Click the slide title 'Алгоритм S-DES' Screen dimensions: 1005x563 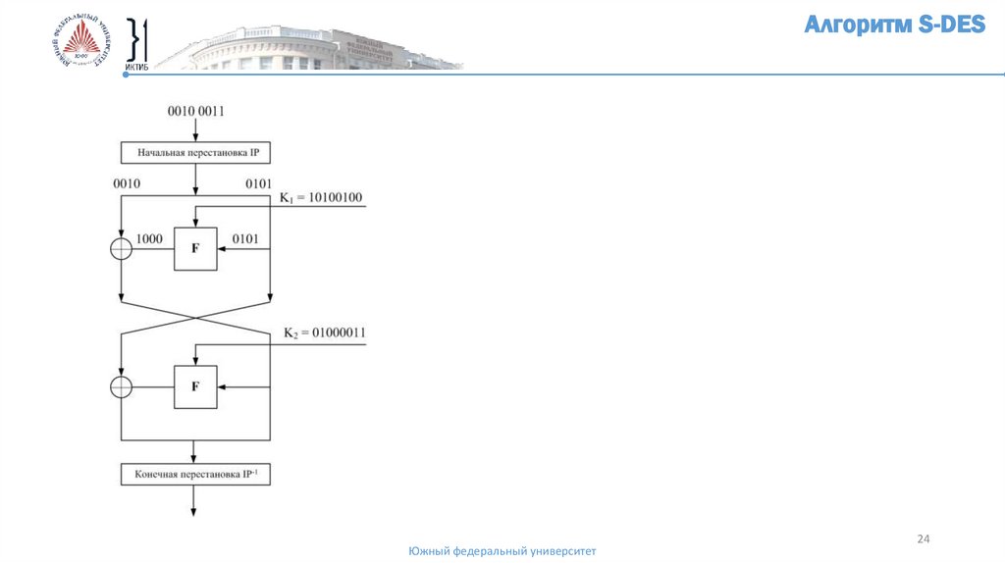[894, 26]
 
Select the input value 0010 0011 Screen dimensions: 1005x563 [195, 111]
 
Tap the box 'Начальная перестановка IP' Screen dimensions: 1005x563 [195, 152]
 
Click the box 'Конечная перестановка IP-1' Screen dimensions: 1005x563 [195, 475]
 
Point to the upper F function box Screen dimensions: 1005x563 [195, 249]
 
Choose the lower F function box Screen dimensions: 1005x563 [195, 386]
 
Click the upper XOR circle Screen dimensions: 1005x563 [120, 249]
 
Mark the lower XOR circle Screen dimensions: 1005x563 [120, 386]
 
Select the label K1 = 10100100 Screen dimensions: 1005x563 [321, 198]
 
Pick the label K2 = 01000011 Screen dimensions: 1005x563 [325, 333]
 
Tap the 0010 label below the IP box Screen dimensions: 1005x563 [127, 183]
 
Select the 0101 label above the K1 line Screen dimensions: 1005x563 [257, 183]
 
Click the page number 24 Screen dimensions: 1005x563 [923, 538]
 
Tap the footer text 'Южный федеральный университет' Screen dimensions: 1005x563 [502, 552]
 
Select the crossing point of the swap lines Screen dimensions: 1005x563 [195, 317]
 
